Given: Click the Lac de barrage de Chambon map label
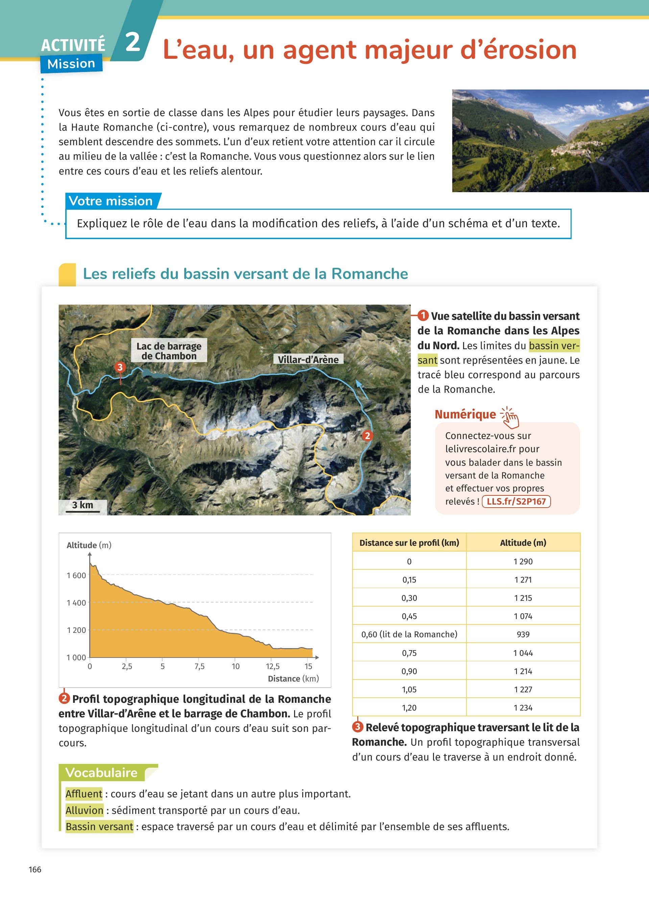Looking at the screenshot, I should coord(169,351).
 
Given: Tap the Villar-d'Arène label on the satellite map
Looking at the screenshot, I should coord(308,360).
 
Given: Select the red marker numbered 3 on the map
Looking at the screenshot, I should coord(120,367).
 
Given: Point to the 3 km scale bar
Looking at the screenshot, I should coord(83,506).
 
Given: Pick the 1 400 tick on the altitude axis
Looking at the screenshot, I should coord(76,603).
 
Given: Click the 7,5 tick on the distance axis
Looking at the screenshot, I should coord(199,666).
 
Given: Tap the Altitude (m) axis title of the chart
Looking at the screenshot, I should coord(89,545).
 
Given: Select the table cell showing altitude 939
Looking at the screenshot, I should coord(523,634).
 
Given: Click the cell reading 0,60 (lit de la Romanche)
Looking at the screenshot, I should coord(409,634).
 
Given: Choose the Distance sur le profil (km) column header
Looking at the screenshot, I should coord(409,543).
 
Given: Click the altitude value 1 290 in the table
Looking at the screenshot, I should coord(523,561).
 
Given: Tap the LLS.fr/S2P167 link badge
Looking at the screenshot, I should coord(516,502).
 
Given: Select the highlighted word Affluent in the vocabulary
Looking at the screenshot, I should coord(84,794).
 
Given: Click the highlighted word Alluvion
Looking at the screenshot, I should coord(84,811).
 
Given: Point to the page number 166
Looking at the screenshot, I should coord(35,869).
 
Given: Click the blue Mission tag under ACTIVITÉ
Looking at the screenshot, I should coord(71,64).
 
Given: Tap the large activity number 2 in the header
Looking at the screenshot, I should coord(133,42).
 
